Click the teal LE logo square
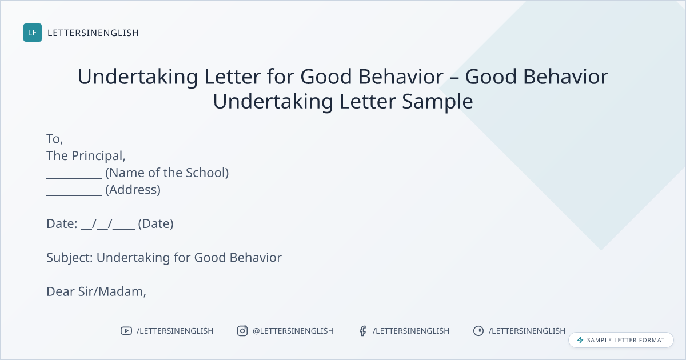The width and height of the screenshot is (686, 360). [x=33, y=33]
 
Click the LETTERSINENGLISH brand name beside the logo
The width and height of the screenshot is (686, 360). [x=93, y=33]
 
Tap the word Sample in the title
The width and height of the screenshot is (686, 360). [x=437, y=102]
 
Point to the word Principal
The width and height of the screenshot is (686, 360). [x=98, y=156]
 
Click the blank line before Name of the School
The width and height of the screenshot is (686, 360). [x=74, y=178]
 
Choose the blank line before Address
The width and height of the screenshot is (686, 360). [x=74, y=195]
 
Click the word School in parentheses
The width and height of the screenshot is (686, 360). [x=207, y=173]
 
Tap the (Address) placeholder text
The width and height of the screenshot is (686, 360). [x=133, y=190]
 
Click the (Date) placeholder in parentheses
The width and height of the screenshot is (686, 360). [x=155, y=224]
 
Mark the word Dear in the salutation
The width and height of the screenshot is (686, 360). [x=61, y=291]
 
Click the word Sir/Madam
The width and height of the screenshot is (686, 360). [x=112, y=292]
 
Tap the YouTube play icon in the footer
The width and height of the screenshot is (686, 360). [x=126, y=331]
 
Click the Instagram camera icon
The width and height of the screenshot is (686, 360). [x=242, y=331]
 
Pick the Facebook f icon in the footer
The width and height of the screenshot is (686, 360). [x=363, y=331]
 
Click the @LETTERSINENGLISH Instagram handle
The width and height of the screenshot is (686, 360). [x=293, y=331]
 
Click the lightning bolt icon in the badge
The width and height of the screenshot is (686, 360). [x=580, y=340]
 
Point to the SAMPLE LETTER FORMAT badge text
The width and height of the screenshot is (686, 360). [x=625, y=340]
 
